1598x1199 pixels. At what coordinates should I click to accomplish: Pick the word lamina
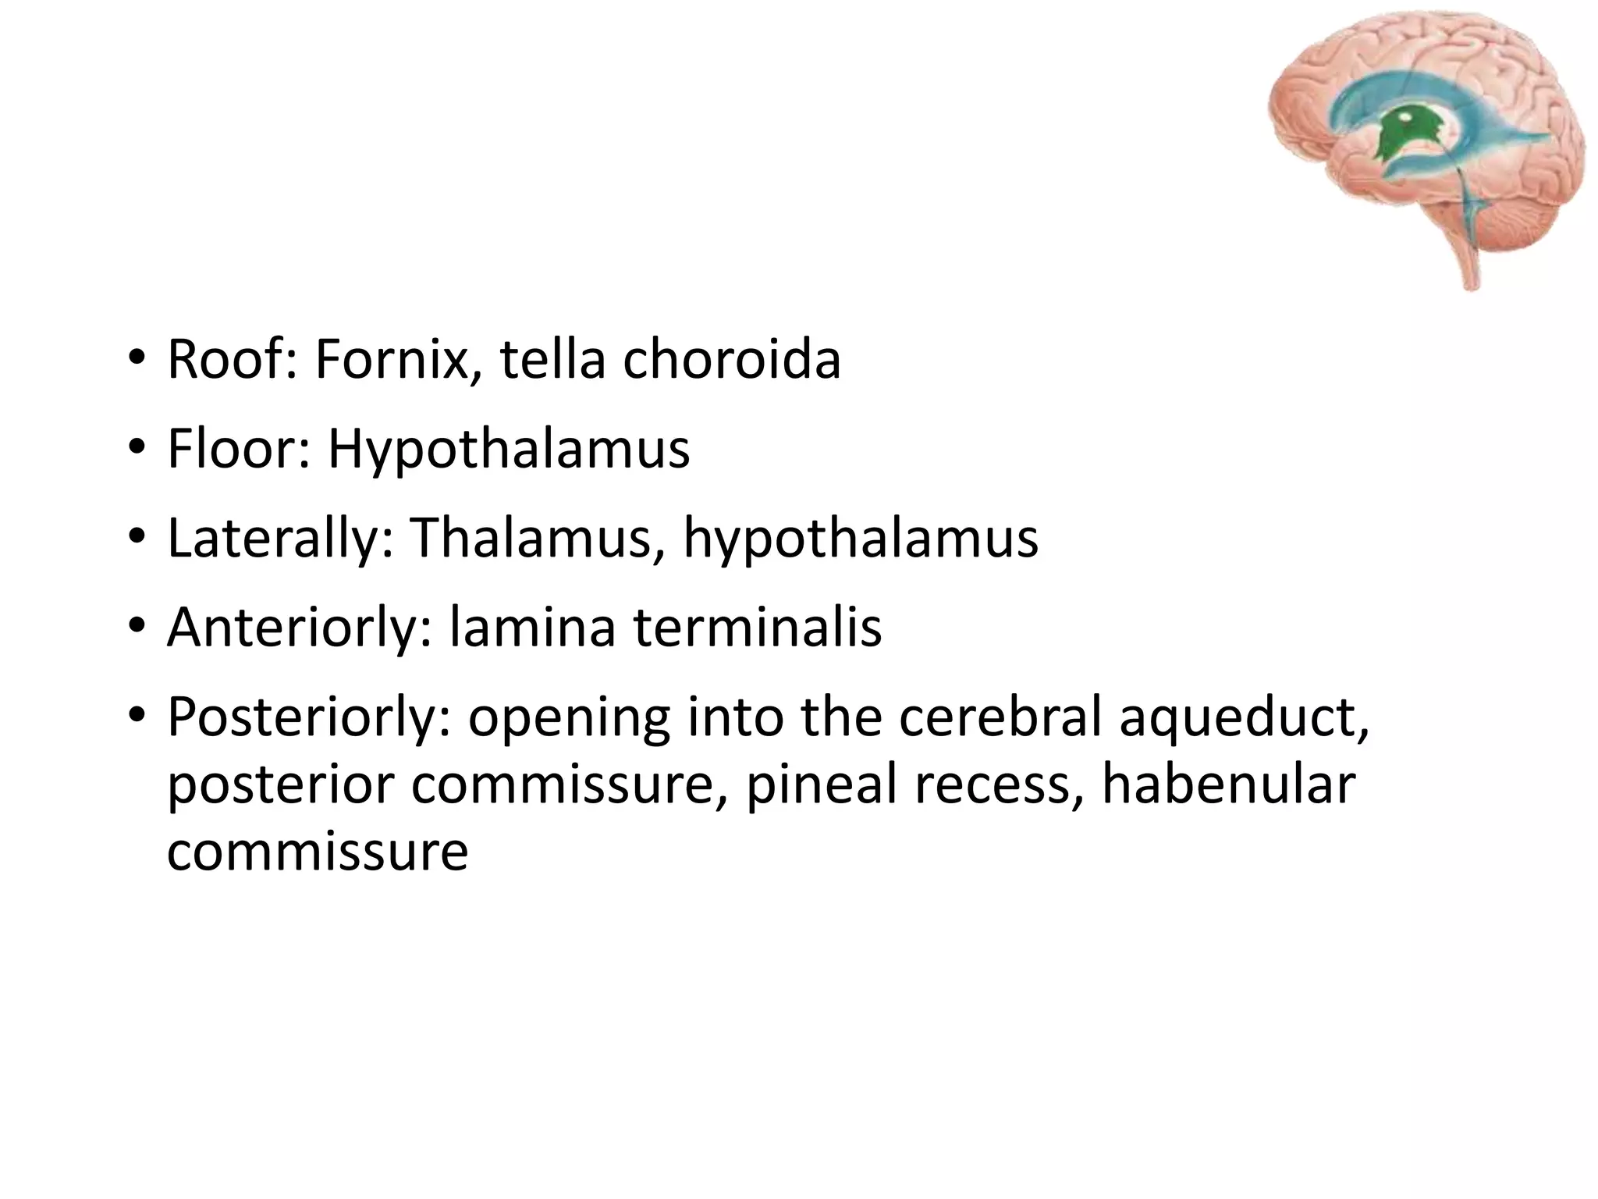pos(532,627)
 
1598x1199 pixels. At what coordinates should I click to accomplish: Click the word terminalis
pos(757,627)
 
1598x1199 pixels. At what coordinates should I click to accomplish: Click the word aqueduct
pos(1244,717)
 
